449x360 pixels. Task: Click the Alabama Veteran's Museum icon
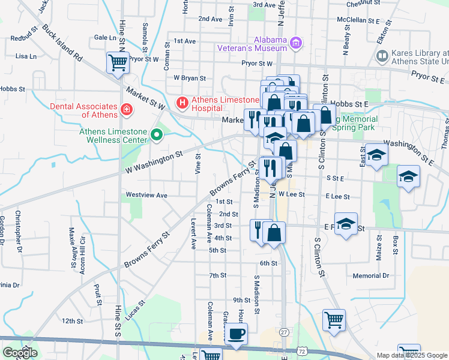coord(295,43)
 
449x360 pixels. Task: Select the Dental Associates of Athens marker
coord(127,109)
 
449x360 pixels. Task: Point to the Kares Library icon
coord(381,56)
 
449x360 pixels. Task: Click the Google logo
coord(20,353)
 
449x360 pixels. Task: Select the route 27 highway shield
coord(284,332)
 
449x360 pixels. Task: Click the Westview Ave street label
coord(146,195)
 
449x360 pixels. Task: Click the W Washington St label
coord(153,162)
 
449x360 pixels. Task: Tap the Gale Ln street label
coord(105,37)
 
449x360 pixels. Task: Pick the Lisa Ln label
coord(26,56)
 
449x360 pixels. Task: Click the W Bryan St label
coord(190,78)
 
